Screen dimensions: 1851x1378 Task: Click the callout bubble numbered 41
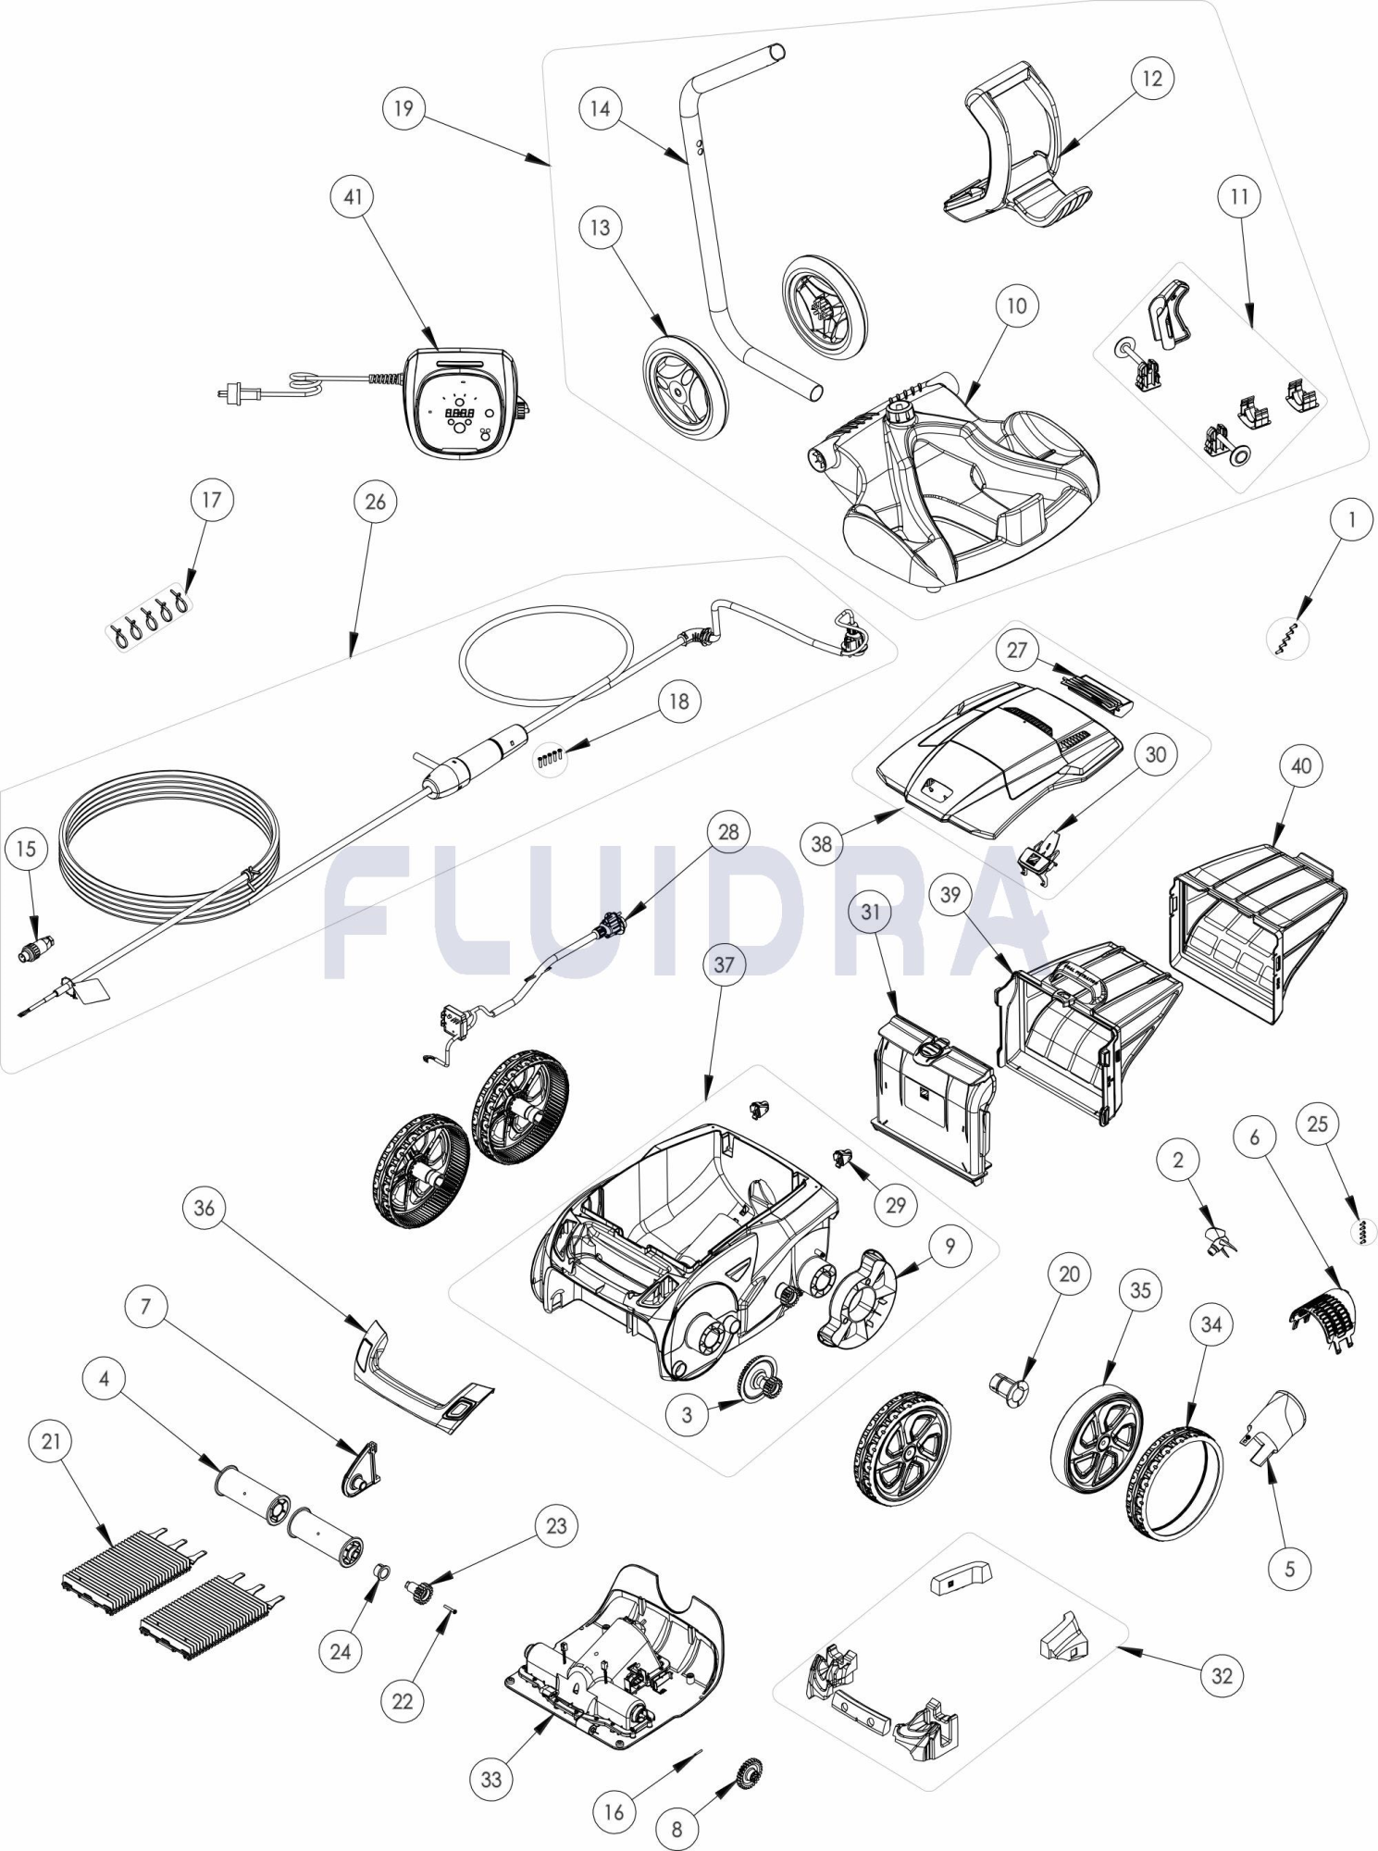[353, 196]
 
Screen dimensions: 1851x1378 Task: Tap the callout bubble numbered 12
[1151, 79]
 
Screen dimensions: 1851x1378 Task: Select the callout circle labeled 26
[375, 502]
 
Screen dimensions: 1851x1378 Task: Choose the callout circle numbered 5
[1290, 1568]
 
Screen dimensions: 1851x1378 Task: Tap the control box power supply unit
[463, 403]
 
